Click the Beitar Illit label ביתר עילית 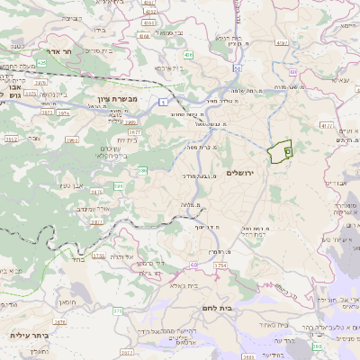28,335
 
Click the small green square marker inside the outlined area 287,152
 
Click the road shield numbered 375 117,310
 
